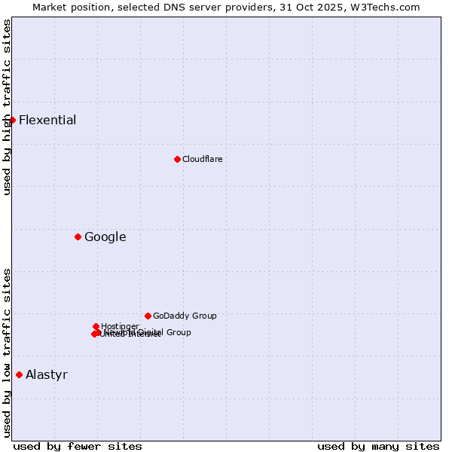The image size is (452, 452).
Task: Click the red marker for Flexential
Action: coord(12,120)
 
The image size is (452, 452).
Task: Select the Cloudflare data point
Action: coord(177,159)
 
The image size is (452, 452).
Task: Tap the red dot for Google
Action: coord(78,237)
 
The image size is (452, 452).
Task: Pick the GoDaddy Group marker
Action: coord(148,316)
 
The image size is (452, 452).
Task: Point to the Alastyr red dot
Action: coord(19,374)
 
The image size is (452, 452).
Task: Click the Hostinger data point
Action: coord(96,326)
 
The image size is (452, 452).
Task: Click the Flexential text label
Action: coord(47,120)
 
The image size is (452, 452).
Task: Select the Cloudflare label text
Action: coord(202,159)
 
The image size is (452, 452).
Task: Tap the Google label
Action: coord(105,237)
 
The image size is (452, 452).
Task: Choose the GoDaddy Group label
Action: coord(185,316)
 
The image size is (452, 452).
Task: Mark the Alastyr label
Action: coord(46,374)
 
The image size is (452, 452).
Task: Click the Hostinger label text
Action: coord(121,326)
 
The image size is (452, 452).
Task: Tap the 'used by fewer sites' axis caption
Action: coord(78,446)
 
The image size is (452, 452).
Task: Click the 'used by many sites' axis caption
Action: coord(378,446)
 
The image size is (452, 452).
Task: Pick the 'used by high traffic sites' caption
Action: coord(7,107)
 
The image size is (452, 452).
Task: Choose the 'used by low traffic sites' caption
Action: coord(7,352)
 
